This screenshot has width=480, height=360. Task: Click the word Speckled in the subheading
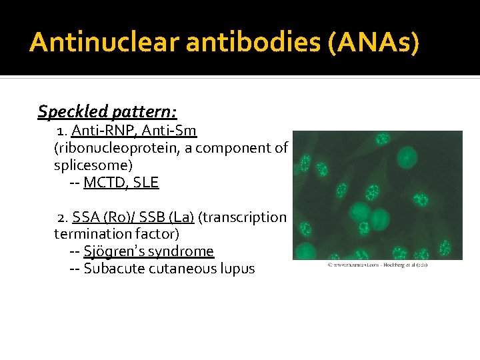point(66,111)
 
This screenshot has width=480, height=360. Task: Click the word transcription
point(247,217)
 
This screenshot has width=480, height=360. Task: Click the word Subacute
point(113,269)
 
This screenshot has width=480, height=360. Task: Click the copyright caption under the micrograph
point(377,265)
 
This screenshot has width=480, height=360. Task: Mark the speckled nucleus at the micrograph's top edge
point(383,140)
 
